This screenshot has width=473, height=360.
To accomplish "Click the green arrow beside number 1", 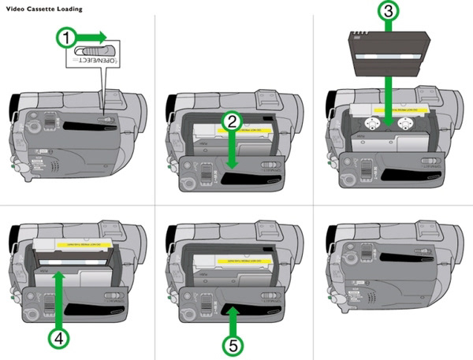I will click(95, 36).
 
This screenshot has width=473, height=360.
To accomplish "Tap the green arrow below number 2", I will click(229, 150).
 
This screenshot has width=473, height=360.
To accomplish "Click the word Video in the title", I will click(13, 7).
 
